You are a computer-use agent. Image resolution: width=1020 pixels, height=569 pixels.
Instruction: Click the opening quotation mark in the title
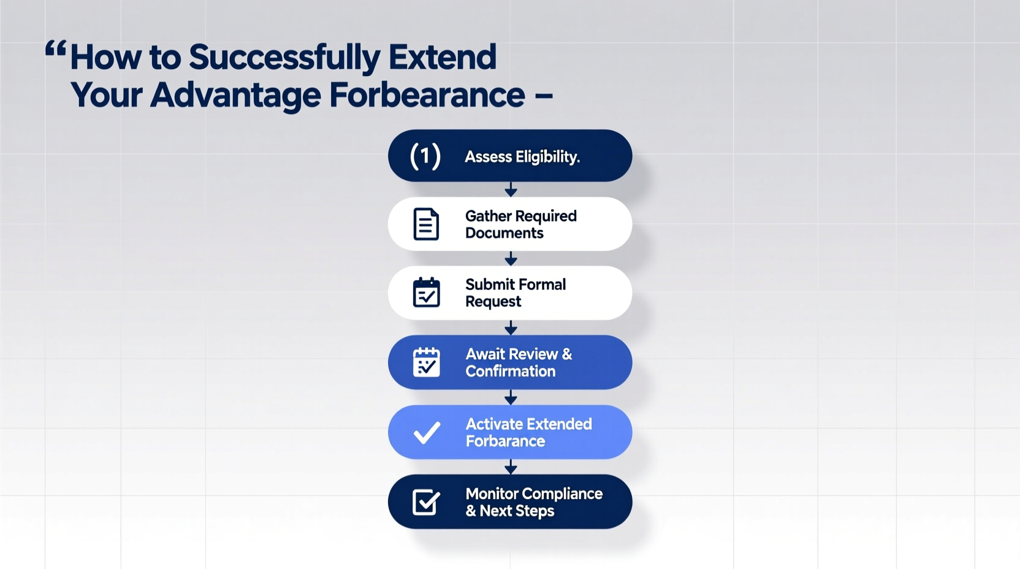tap(55, 49)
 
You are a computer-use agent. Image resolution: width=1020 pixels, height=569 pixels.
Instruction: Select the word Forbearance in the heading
tap(427, 96)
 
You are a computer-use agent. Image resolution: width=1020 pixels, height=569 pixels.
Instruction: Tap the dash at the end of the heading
tap(544, 96)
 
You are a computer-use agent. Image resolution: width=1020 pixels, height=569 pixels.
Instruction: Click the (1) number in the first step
tap(425, 156)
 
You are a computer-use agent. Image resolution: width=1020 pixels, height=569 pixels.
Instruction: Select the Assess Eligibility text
tap(522, 157)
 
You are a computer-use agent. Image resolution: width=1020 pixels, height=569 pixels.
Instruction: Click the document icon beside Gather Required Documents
tap(426, 224)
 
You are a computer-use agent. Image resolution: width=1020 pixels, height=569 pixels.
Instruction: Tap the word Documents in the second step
tap(504, 233)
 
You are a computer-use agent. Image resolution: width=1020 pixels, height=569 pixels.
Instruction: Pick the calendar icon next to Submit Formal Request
tap(426, 292)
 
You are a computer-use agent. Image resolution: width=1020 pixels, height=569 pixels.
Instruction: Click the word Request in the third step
tap(493, 302)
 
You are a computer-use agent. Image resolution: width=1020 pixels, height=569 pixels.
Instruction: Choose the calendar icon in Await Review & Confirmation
tap(426, 362)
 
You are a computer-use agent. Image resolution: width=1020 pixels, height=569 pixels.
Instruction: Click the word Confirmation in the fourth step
tap(510, 371)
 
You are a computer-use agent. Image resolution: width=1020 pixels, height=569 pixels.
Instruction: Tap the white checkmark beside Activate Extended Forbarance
tap(427, 432)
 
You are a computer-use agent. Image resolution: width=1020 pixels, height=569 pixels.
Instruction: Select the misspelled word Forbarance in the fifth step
tap(505, 441)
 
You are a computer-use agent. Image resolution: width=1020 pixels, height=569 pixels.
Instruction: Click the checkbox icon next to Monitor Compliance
tap(426, 502)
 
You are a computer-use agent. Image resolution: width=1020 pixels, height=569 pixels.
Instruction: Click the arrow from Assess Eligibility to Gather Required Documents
tap(510, 189)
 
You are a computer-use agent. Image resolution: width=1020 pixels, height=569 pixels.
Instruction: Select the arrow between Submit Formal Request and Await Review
tap(510, 327)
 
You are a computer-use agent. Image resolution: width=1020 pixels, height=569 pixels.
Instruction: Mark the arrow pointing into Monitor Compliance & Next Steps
tap(510, 467)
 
